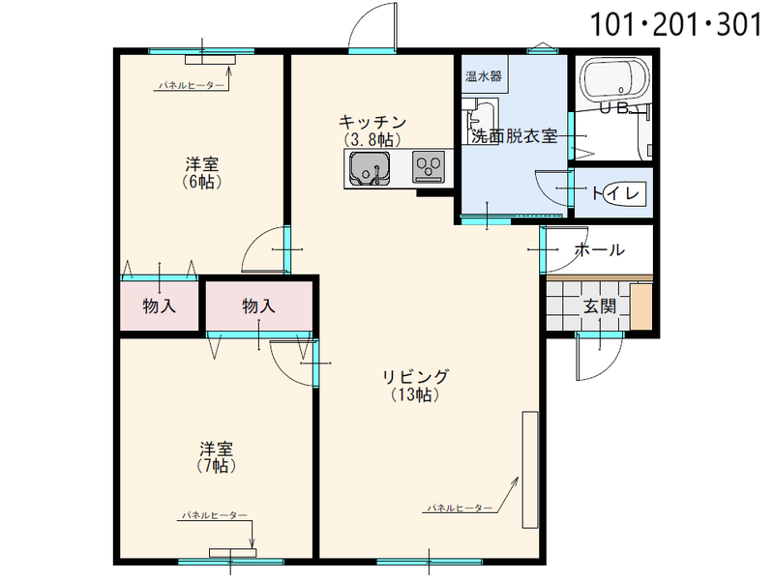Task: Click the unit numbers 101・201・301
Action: [x=675, y=25]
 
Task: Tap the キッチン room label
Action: [x=372, y=122]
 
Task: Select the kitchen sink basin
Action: [x=370, y=168]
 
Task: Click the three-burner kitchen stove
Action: [x=429, y=166]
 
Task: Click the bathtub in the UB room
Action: [x=615, y=78]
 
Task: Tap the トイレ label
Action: [x=615, y=192]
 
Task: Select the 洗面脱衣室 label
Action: [x=515, y=136]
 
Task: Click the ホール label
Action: [x=600, y=249]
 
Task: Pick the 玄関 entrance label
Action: [x=600, y=306]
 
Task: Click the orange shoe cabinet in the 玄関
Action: [x=641, y=306]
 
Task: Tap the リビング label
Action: [x=416, y=376]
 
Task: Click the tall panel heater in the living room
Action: [x=530, y=470]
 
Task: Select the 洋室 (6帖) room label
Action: [x=202, y=173]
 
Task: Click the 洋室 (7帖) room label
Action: [x=216, y=457]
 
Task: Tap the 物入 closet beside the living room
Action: [x=258, y=305]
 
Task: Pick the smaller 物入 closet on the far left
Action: [x=159, y=305]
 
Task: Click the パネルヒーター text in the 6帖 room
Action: [x=191, y=86]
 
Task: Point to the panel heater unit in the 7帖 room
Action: [x=232, y=553]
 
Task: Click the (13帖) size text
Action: [x=416, y=394]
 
